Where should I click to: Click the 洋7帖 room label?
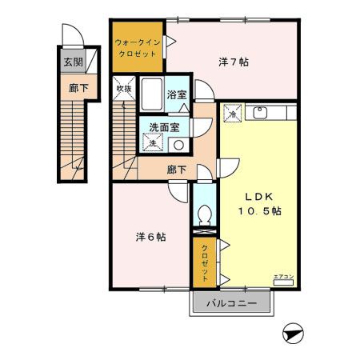232,62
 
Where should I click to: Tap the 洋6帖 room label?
150,237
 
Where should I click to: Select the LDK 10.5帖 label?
258,204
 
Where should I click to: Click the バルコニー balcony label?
231,304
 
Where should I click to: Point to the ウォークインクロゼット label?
137,46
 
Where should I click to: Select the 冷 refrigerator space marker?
230,115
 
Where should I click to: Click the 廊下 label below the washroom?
177,170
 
